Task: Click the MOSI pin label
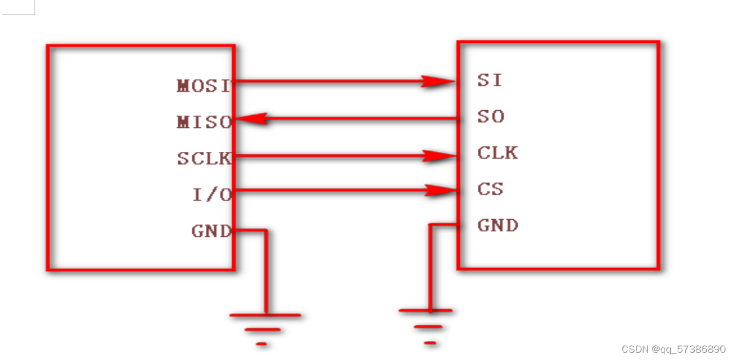204,86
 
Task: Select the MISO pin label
204,122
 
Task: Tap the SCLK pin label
204,159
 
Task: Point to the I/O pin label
212,195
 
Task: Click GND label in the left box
211,231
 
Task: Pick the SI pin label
489,80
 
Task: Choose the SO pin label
491,116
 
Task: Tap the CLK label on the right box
497,152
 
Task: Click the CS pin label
490,189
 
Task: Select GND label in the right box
497,225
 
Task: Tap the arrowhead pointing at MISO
251,119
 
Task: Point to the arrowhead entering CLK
440,156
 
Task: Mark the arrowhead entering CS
440,191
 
